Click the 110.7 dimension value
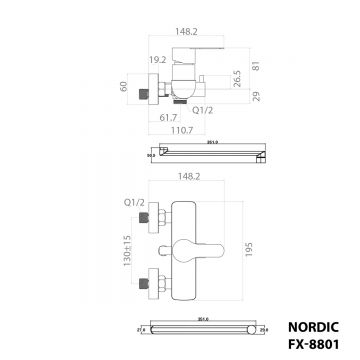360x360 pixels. click(179, 131)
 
